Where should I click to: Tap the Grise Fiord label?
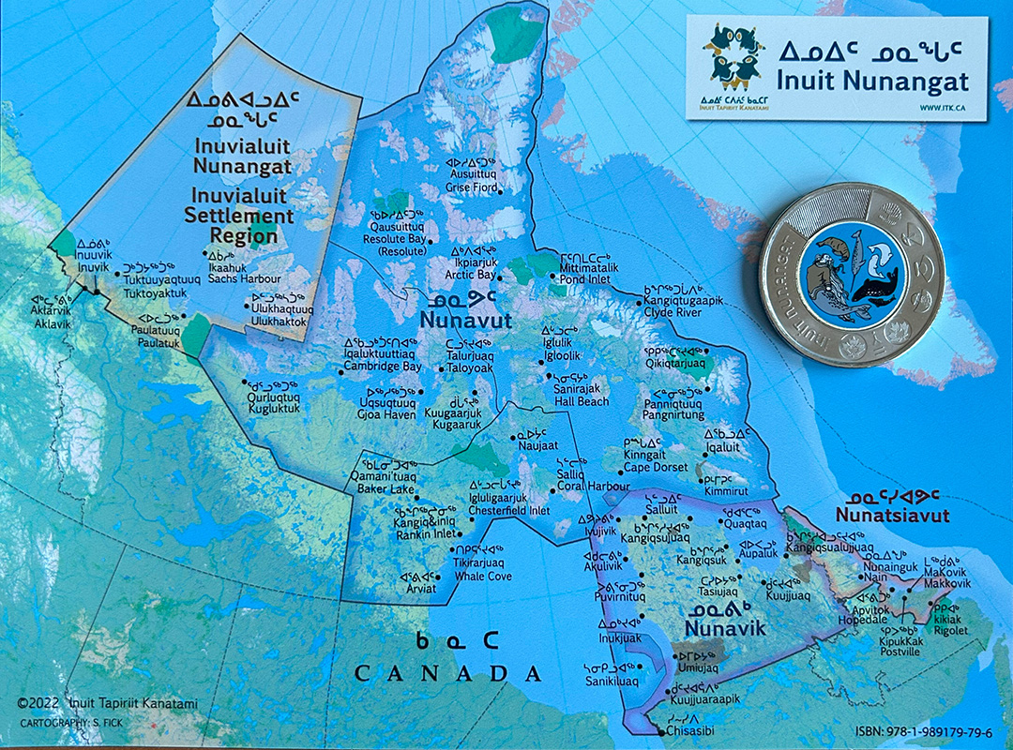coord(474,187)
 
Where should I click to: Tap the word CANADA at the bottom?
coord(447,673)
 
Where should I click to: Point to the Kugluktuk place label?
coord(273,408)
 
